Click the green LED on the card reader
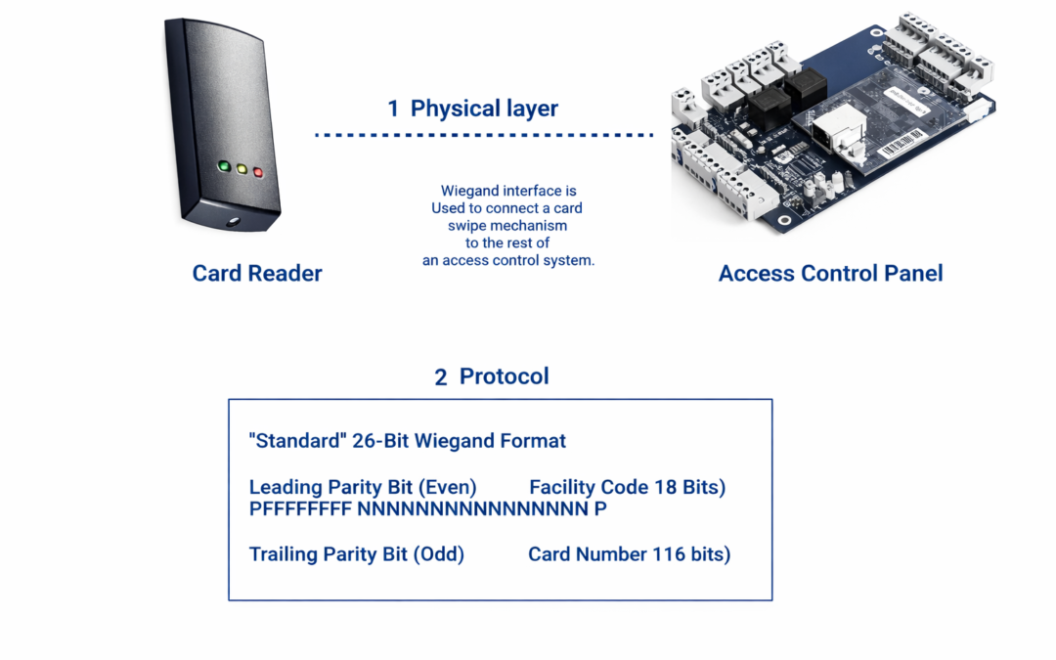coord(224,166)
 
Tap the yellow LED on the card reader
coord(242,169)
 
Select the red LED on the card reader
coord(258,173)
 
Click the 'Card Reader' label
coord(257,273)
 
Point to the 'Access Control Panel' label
coord(830,273)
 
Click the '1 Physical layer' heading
coord(472,109)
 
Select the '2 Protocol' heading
coord(492,376)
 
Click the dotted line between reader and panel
coord(484,135)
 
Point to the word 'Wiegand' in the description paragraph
coord(467,191)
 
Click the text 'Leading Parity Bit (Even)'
coord(363,487)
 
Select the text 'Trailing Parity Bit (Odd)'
coord(357,554)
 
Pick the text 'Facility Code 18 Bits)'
coord(627,487)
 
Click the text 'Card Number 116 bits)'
coord(629,554)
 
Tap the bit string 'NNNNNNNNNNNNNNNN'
coord(472,508)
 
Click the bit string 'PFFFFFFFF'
coord(300,508)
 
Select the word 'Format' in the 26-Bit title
coord(534,441)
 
